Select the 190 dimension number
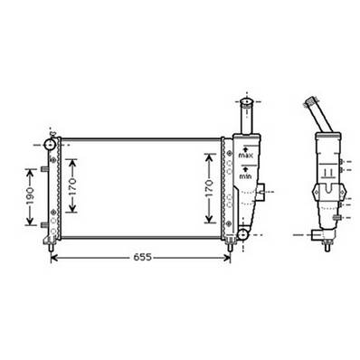(x=30, y=195)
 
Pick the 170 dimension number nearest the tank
(x=210, y=190)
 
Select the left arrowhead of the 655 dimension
(x=52, y=257)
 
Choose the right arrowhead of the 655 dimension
(x=229, y=257)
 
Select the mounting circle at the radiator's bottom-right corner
(x=242, y=235)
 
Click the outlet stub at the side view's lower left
(x=315, y=237)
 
